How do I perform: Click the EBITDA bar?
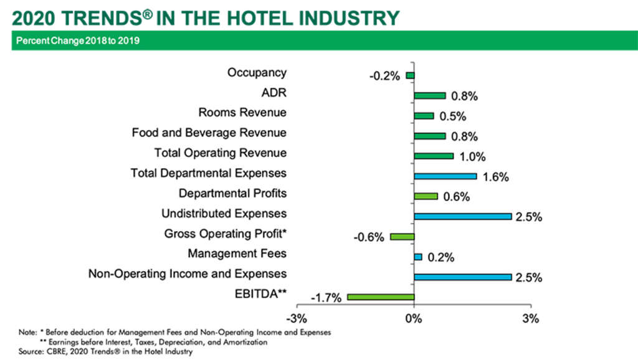coord(381,296)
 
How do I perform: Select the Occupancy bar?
coord(410,75)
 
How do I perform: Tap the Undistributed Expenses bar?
coord(462,216)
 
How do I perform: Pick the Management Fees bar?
coord(417,257)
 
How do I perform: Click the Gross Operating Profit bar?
coord(402,237)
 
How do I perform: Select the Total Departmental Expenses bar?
coord(445,176)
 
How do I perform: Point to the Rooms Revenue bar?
coord(424,116)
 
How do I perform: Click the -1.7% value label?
coord(326,298)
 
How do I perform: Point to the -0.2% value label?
coord(384,77)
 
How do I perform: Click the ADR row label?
coord(274,93)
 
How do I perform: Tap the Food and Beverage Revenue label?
coord(209,133)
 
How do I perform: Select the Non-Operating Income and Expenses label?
coord(187,273)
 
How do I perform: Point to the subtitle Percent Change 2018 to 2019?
coord(78,41)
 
